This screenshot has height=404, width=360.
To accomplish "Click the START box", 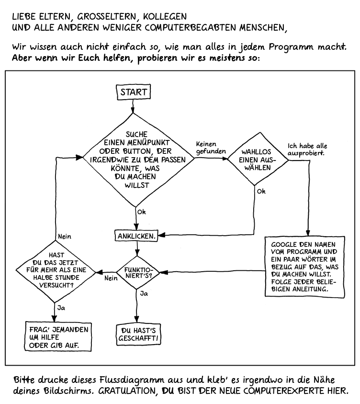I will coord(134,92).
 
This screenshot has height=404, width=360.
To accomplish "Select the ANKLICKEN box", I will coord(137,235).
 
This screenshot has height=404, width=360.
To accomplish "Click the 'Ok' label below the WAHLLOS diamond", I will coord(261,191).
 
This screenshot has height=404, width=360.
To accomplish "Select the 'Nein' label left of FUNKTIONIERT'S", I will coord(111,277).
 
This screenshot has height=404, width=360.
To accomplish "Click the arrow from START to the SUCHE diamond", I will coord(134,107).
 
